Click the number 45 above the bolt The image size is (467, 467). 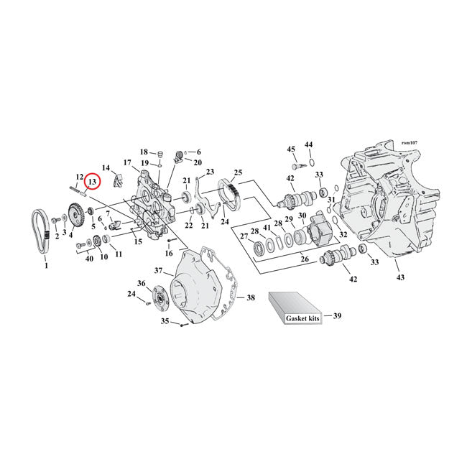tap(291, 149)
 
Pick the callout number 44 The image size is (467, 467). tap(309, 144)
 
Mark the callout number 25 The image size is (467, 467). tap(237, 173)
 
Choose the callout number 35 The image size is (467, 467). tap(165, 322)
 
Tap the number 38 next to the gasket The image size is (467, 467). tap(250, 297)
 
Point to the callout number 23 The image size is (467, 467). tap(211, 172)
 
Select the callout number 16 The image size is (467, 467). tap(170, 253)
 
